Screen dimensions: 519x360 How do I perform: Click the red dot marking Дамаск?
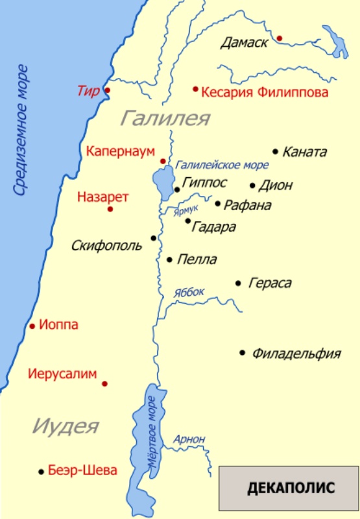pyautogui.click(x=280, y=38)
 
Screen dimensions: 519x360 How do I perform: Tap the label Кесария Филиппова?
pyautogui.click(x=265, y=93)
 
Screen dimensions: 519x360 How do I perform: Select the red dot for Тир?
pyautogui.click(x=107, y=90)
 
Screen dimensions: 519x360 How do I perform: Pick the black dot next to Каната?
pyautogui.click(x=276, y=151)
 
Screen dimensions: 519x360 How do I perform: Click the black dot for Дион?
pyautogui.click(x=253, y=185)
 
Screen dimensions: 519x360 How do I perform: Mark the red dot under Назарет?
pyautogui.click(x=110, y=209)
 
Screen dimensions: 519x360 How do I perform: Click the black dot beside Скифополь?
pyautogui.click(x=154, y=238)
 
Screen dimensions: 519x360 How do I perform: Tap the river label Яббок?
pyautogui.click(x=189, y=293)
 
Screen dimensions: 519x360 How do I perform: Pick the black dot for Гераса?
pyautogui.click(x=238, y=283)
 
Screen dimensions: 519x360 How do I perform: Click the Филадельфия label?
pyautogui.click(x=296, y=354)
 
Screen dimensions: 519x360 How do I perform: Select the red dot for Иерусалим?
pyautogui.click(x=104, y=383)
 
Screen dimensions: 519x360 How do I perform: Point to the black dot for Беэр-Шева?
pyautogui.click(x=42, y=472)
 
